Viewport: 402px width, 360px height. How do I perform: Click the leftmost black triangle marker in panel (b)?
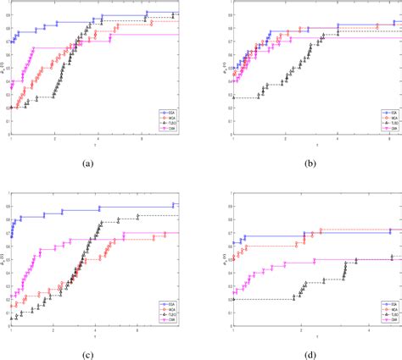click(x=232, y=98)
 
